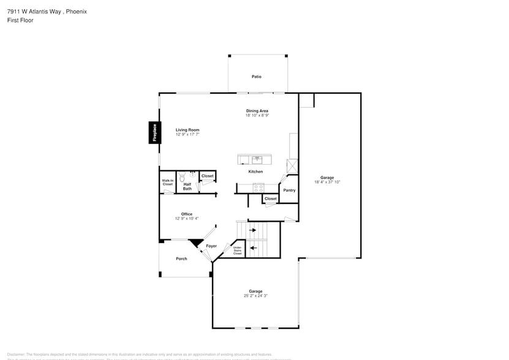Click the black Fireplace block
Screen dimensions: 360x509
tap(154, 133)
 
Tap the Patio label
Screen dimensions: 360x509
tap(256, 77)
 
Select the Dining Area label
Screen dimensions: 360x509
tap(257, 111)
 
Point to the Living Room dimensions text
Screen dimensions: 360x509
tap(187, 134)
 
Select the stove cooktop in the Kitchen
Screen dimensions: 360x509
tap(258, 187)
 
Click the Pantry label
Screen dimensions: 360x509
tap(289, 190)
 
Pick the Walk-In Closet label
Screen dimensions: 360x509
tap(167, 182)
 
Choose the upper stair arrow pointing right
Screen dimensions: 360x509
tap(253, 231)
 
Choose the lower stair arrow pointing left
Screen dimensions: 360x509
tap(253, 248)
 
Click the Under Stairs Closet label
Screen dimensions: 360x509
tap(237, 250)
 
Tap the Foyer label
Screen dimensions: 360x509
tap(211, 246)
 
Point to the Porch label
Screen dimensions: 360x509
tap(181, 259)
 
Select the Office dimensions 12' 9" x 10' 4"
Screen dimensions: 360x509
tap(186, 219)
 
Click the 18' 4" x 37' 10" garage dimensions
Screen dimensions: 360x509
tap(328, 182)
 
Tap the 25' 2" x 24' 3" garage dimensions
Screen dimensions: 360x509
tap(255, 296)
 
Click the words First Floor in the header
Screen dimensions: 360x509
tap(20, 20)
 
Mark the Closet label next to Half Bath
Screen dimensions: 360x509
tap(208, 176)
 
